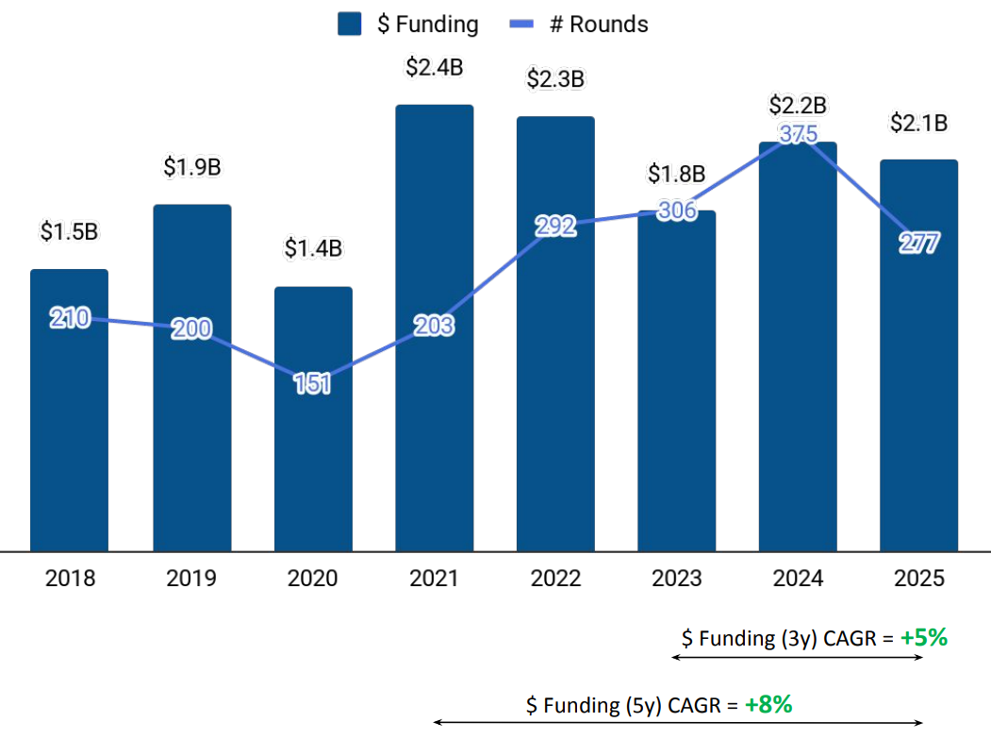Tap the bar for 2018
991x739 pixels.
pos(70,434)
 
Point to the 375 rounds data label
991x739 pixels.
pos(799,134)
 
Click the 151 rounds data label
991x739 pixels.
pos(312,384)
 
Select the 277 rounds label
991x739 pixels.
pos(918,244)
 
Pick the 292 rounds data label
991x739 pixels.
pos(555,227)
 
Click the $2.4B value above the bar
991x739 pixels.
pos(434,68)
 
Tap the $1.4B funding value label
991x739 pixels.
pos(313,249)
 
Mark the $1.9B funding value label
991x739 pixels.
pos(192,167)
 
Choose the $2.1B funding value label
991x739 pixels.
pos(918,123)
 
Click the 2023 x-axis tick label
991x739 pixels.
pos(676,579)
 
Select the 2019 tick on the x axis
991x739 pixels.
pos(192,579)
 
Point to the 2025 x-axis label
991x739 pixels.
pos(918,579)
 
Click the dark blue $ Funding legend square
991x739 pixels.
pos(350,25)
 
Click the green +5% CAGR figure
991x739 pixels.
pos(923,638)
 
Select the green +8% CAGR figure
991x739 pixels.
pos(768,704)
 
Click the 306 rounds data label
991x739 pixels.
pos(676,211)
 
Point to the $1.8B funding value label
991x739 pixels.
pos(676,174)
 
